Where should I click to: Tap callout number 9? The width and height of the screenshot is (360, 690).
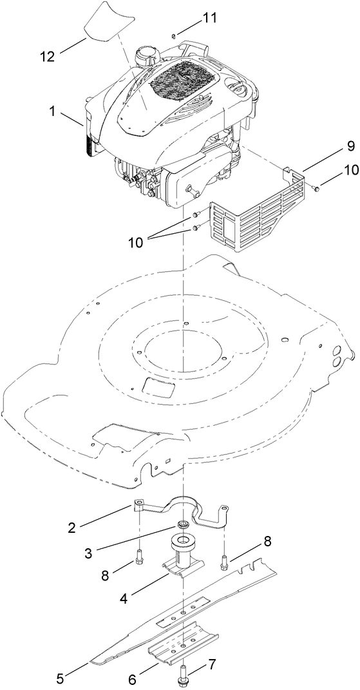332,146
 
